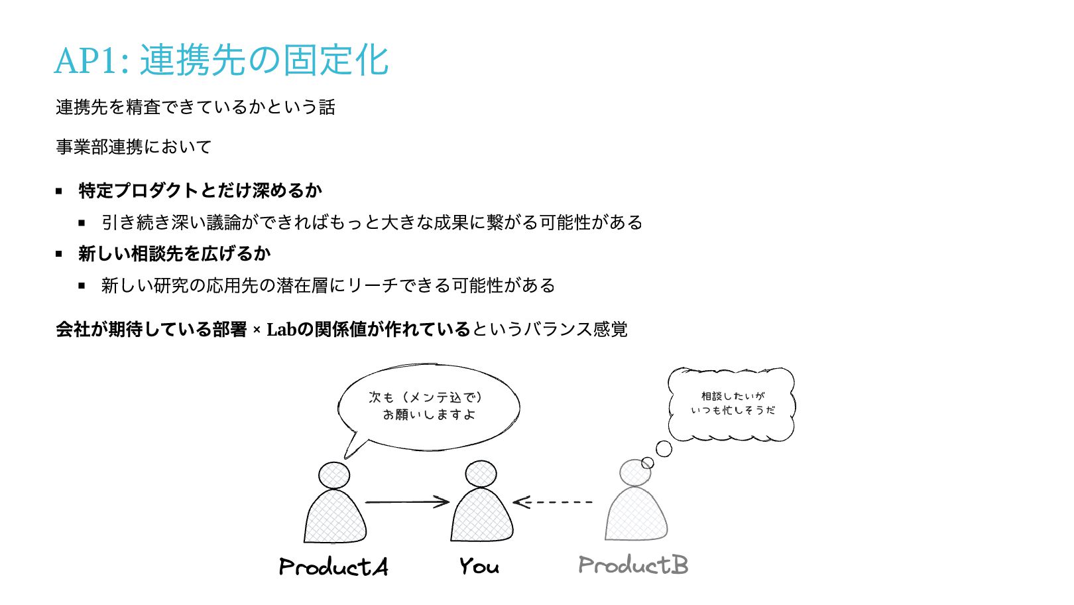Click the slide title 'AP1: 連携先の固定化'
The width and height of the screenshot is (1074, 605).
pos(221,60)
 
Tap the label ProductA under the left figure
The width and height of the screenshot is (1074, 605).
pos(333,567)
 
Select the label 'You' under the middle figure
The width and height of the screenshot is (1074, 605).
pos(479,566)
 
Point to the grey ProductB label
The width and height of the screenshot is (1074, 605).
pos(633,565)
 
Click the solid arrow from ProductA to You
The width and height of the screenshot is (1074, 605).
pos(407,502)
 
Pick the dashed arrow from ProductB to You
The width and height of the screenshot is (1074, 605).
pos(553,502)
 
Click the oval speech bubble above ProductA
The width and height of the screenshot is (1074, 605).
pos(429,406)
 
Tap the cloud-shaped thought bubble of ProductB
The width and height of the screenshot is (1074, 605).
pos(731,403)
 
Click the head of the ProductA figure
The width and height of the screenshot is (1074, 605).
pos(333,475)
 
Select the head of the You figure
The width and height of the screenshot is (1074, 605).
pos(481,474)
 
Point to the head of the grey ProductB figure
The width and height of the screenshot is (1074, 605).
pos(634,473)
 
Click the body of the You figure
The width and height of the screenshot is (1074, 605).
pos(481,517)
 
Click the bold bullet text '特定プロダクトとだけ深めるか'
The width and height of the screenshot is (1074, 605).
pos(200,190)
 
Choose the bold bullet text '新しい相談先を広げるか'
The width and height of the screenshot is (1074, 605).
pos(174,253)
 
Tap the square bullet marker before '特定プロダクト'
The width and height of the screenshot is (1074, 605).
pos(59,191)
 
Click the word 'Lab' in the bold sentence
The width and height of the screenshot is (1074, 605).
pos(281,329)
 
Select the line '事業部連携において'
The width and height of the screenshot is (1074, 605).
pos(134,147)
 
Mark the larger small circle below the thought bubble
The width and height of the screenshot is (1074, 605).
pos(664,449)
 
